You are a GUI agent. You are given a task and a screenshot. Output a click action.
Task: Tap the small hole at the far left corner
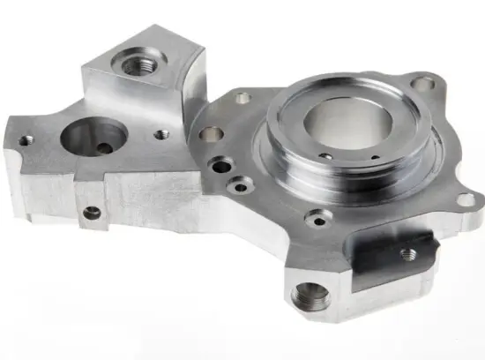pos(27,139)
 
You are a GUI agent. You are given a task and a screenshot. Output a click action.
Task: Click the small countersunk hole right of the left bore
pos(161,135)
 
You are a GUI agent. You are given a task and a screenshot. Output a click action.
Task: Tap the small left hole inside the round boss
pos(325,157)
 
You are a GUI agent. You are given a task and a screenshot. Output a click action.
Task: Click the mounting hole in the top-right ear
pos(425,85)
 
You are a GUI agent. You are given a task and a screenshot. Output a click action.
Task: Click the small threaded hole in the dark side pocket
pos(407,253)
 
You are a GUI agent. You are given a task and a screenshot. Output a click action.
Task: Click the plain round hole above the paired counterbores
pos(212,134)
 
